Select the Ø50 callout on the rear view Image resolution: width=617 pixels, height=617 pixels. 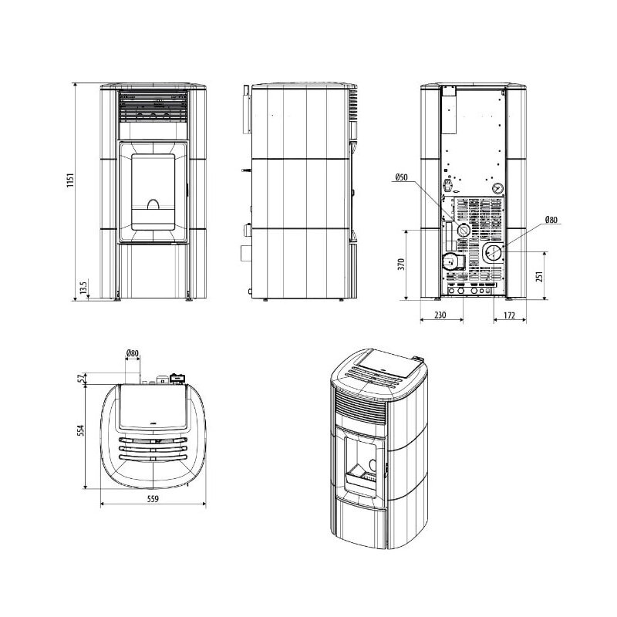[400, 177]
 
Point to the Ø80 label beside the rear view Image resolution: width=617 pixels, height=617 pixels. [551, 220]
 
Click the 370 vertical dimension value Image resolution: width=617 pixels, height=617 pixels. [401, 265]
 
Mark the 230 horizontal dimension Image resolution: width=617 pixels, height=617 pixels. [440, 314]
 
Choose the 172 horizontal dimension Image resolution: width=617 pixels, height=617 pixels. [509, 314]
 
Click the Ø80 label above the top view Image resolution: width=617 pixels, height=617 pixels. [133, 354]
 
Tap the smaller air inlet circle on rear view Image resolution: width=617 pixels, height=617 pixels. [461, 230]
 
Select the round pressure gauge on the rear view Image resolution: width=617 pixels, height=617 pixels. [498, 186]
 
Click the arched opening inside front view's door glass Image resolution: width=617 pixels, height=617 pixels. [153, 205]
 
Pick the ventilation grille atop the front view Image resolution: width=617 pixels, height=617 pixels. [153, 107]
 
